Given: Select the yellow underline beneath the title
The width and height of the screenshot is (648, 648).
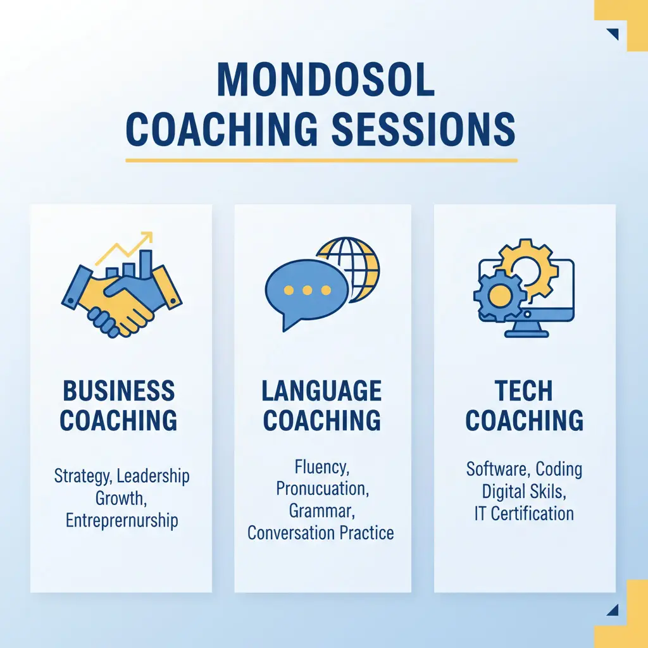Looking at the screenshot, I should point(321,160).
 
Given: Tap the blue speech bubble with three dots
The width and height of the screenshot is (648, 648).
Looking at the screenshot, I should point(306,292).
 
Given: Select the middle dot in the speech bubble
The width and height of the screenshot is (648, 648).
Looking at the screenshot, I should point(308,290).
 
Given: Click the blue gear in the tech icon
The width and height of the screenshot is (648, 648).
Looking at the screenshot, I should point(499,294).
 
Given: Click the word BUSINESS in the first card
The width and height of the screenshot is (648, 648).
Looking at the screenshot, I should point(119,391).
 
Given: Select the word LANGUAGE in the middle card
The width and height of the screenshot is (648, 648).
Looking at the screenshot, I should point(322,391).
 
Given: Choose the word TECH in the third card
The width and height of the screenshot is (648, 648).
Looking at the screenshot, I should point(524,391).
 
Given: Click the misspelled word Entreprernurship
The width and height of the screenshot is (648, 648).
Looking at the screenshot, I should point(121,521).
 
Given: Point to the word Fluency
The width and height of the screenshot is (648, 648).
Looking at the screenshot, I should point(321,468).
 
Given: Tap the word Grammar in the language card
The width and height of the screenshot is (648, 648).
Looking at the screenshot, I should point(321,511).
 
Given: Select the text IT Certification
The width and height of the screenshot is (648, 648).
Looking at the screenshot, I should point(523,513).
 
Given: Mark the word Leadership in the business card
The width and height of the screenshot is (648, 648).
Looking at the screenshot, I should point(153,476).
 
